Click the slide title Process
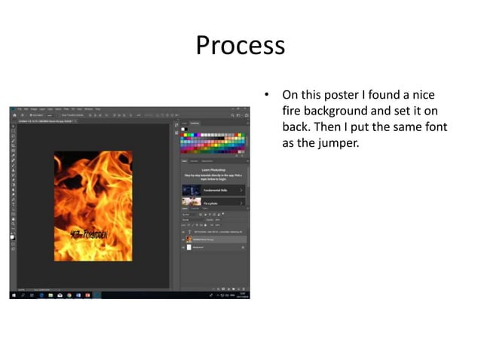pyautogui.click(x=240, y=45)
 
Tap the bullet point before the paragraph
pyautogui.click(x=266, y=96)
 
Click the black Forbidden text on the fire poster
pyautogui.click(x=90, y=234)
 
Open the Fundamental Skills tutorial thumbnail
pyautogui.click(x=191, y=190)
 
